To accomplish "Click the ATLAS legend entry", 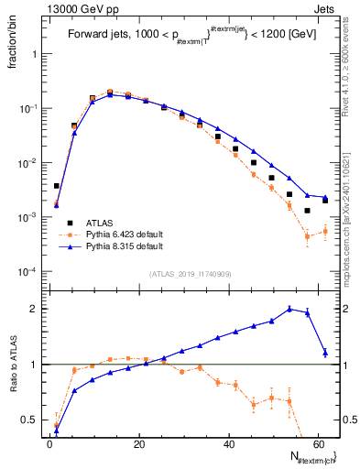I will (100, 223).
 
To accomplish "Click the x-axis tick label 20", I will (139, 444).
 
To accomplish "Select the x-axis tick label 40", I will (229, 444).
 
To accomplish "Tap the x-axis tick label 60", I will (319, 444).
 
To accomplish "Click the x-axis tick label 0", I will (49, 444).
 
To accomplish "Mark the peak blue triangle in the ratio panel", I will (289, 309).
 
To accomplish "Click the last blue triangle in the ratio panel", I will (325, 353).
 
